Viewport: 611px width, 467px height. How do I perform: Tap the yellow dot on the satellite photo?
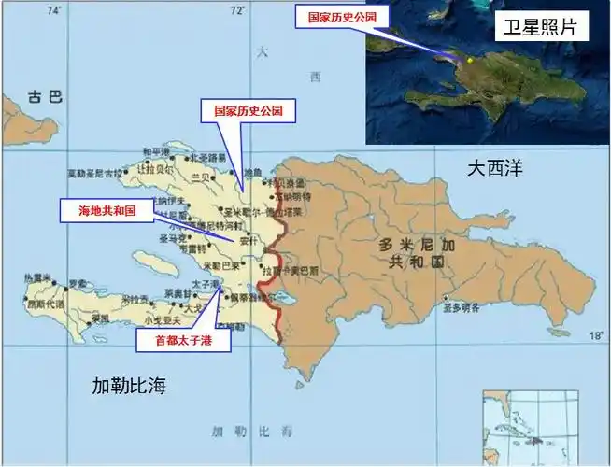[470, 59]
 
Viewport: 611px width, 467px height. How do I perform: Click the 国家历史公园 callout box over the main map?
[249, 111]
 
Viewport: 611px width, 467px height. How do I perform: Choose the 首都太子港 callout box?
[183, 341]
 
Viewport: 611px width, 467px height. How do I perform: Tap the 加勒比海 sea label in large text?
[129, 384]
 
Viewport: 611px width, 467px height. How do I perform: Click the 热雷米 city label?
[35, 277]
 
